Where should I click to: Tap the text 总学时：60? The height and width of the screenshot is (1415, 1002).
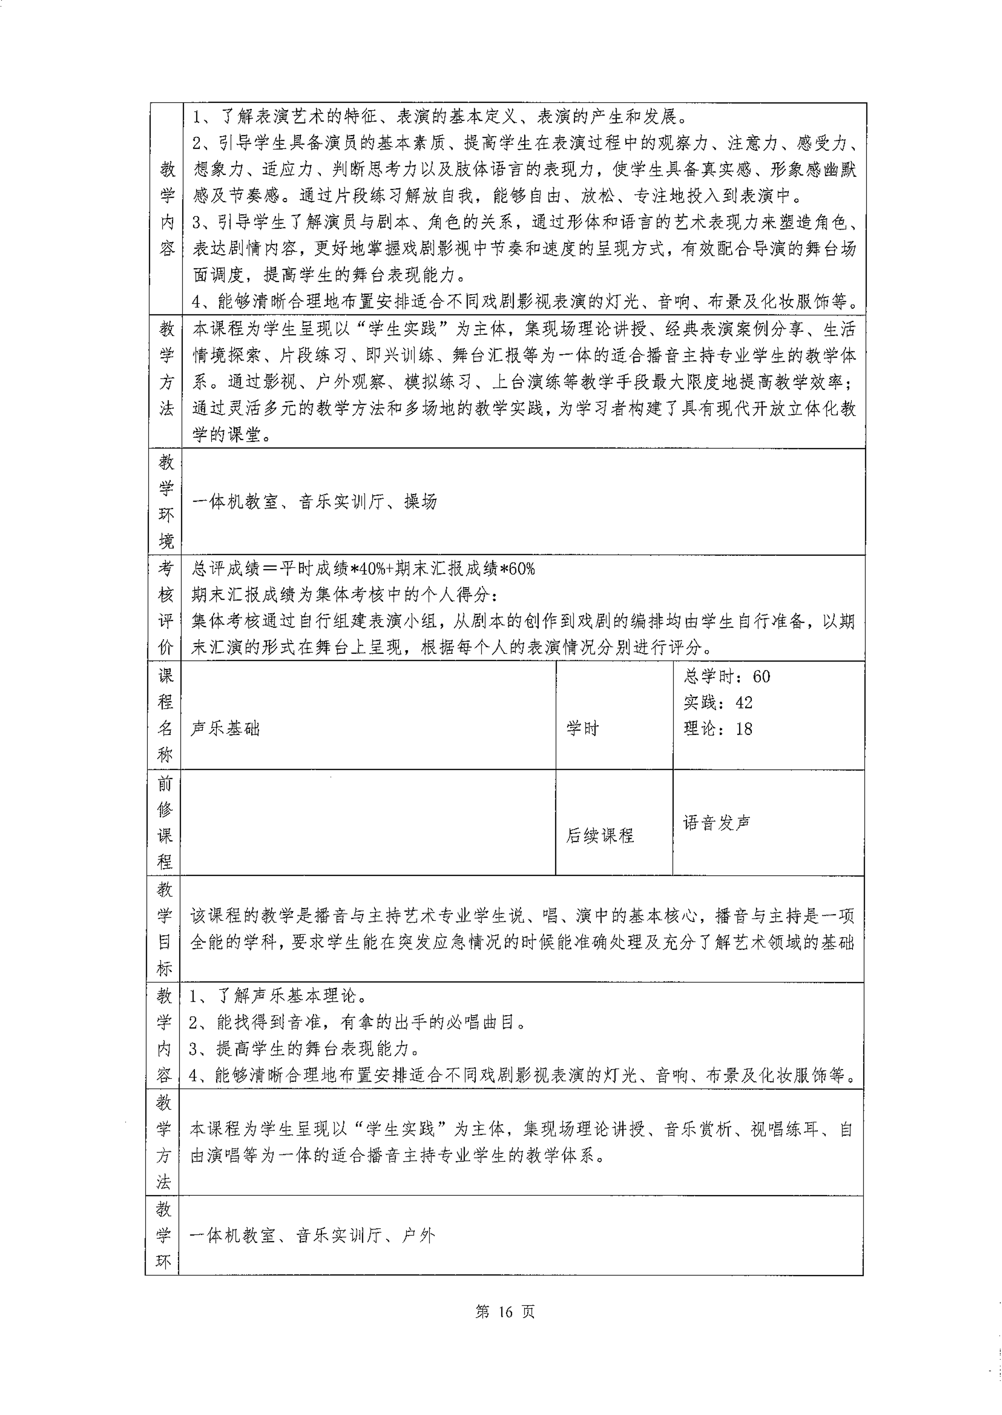tap(727, 676)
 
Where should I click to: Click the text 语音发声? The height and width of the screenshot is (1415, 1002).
tap(717, 823)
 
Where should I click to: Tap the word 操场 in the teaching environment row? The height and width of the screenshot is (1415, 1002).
tap(421, 502)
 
